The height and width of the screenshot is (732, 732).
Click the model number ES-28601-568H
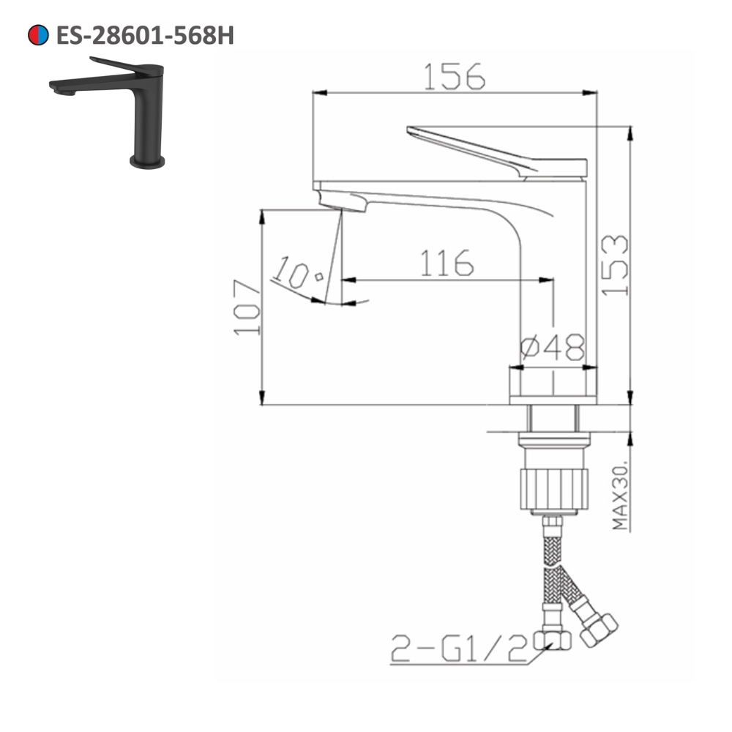click(145, 35)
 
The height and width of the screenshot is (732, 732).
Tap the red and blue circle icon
click(37, 35)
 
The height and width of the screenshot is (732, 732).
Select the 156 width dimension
click(454, 76)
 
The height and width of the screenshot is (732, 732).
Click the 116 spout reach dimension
click(447, 264)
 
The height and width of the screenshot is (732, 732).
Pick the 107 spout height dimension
click(247, 307)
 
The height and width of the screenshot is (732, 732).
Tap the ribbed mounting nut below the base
click(553, 488)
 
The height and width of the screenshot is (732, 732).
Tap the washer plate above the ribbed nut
click(553, 441)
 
